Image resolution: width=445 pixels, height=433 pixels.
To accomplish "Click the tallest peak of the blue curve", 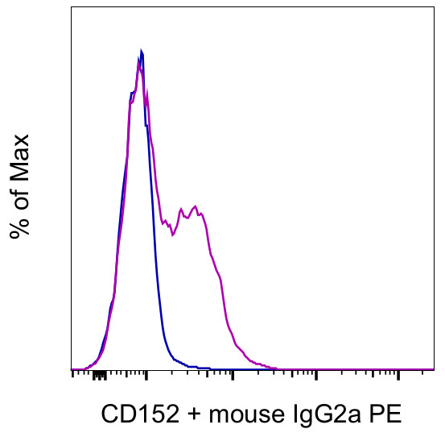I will click(x=142, y=52).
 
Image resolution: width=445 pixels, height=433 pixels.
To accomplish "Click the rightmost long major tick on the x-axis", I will click(x=399, y=373).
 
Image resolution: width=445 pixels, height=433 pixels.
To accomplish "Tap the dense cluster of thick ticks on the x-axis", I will click(x=98, y=374).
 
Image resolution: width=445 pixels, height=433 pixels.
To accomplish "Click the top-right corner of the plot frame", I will click(x=435, y=7).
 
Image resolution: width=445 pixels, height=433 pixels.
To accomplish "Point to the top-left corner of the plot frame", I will click(x=71, y=7).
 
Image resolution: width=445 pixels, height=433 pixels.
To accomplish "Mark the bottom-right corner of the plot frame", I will click(x=435, y=369).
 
